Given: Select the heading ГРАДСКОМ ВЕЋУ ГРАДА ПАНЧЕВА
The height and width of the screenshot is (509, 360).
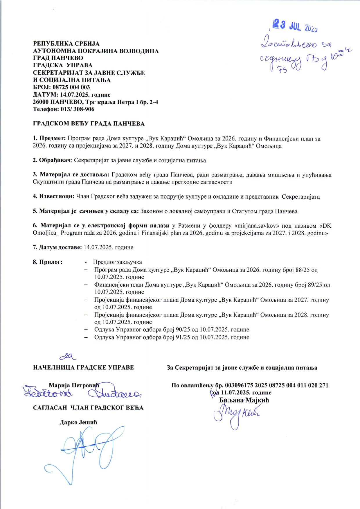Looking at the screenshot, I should [89, 124].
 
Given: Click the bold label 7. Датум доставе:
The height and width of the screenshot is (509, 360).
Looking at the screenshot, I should [57, 247].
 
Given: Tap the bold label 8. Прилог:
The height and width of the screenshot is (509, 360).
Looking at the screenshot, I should [48, 262].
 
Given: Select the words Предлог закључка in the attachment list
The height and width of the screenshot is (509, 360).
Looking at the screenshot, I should [118, 262].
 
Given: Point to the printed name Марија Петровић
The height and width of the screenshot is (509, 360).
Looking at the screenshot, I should [74, 386].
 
